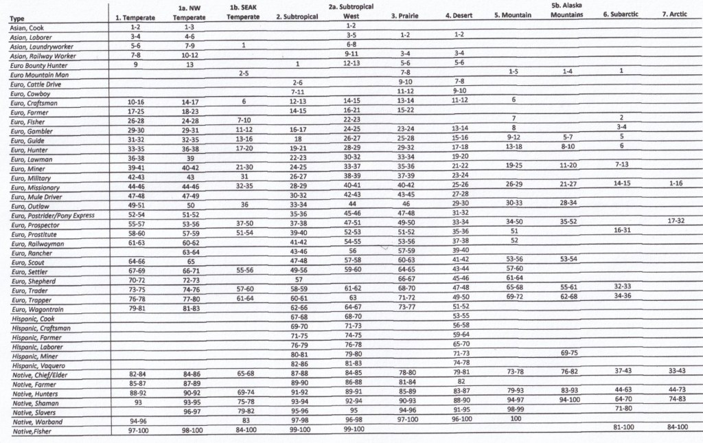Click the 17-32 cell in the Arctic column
coord(675,221)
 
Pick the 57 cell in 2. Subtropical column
coord(298,280)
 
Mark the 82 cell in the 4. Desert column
coord(460,381)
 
